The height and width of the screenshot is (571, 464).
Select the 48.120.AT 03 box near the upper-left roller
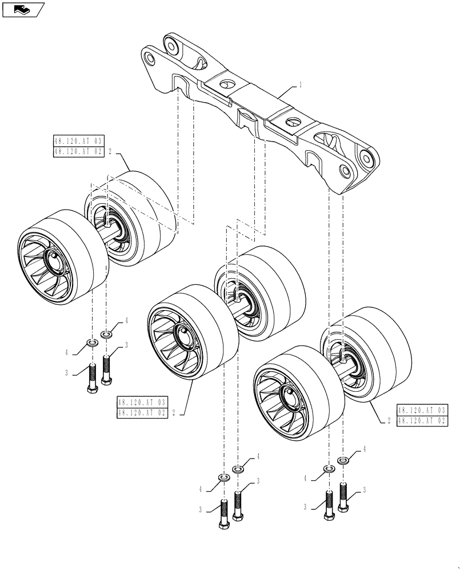pyautogui.click(x=78, y=141)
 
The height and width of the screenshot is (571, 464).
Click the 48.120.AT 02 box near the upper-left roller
pyautogui.click(x=78, y=151)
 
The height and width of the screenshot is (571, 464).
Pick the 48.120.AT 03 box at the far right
pyautogui.click(x=422, y=411)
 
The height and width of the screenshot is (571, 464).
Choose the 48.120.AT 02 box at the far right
pyautogui.click(x=422, y=421)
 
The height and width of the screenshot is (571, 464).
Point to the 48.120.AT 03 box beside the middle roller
pyautogui.click(x=143, y=401)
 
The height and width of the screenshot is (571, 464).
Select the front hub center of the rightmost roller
pyautogui.click(x=290, y=395)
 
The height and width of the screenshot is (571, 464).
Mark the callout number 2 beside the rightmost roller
pyautogui.click(x=389, y=421)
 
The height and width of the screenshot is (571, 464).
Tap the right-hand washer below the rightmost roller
pyautogui.click(x=344, y=460)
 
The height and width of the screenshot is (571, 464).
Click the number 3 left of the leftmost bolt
pyautogui.click(x=67, y=373)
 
